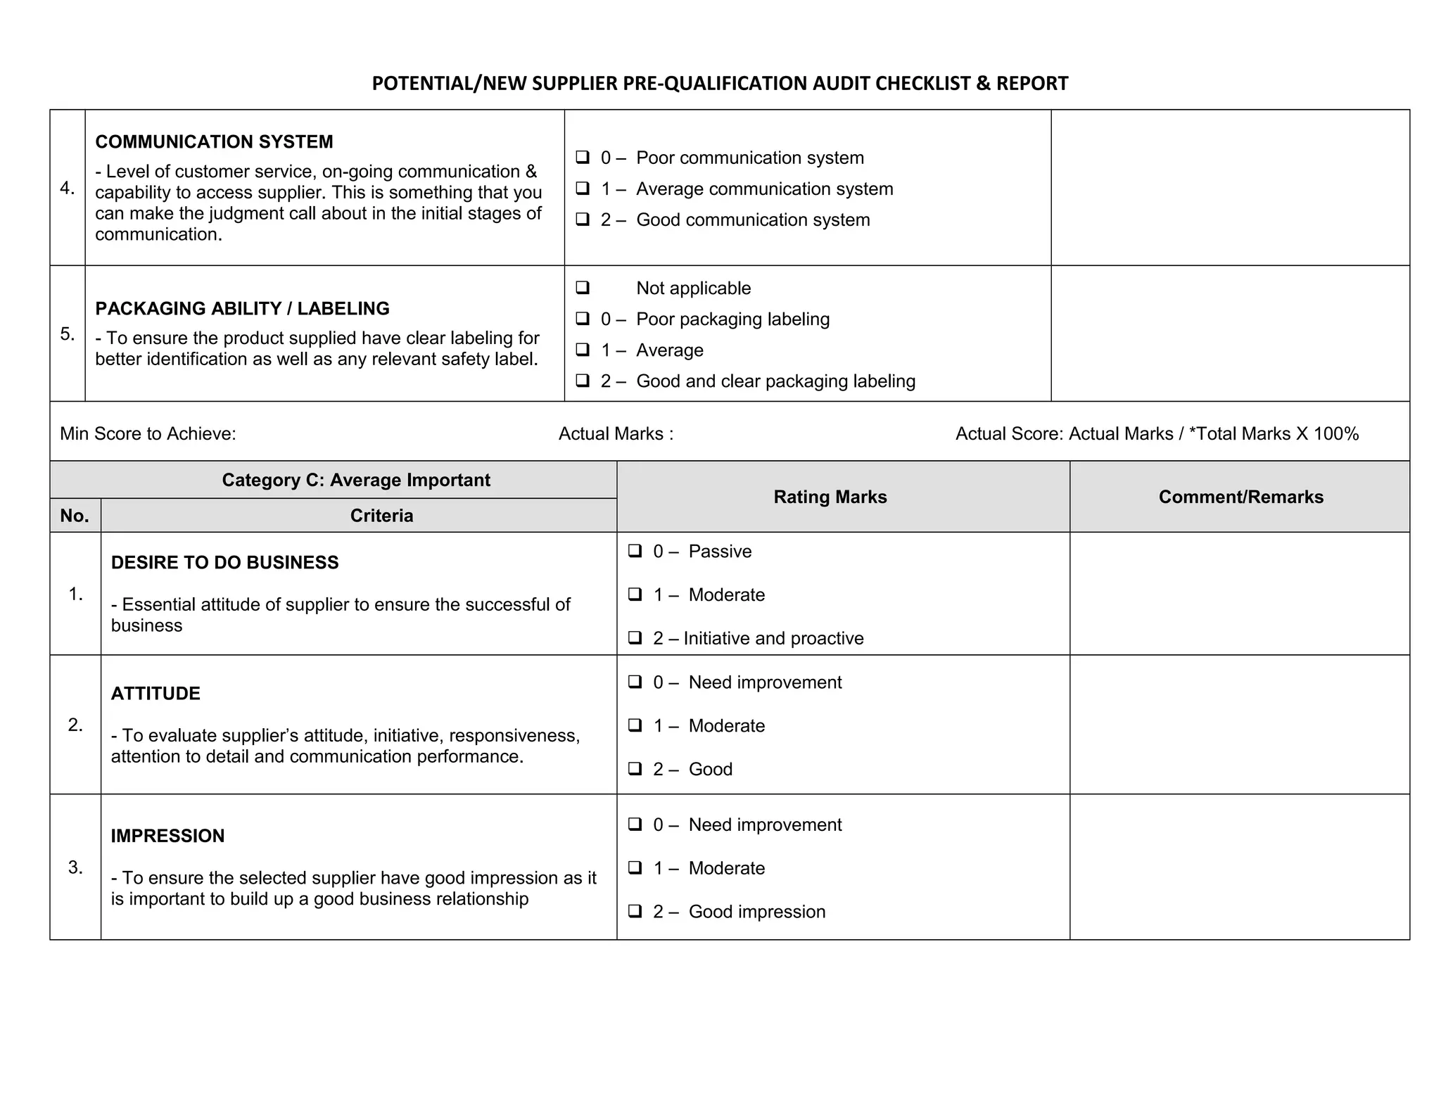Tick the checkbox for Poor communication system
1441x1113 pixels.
point(582,157)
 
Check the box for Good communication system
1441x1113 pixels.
point(582,219)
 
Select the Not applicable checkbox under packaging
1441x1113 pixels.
point(582,287)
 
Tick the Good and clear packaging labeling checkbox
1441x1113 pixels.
point(582,381)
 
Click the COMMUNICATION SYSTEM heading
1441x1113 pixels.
point(214,142)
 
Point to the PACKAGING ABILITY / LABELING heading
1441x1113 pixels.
point(242,309)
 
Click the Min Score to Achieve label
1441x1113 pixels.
point(148,434)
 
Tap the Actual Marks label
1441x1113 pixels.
point(616,434)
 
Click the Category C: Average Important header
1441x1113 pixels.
point(356,481)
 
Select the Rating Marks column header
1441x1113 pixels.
point(830,497)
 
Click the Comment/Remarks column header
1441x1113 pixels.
point(1240,497)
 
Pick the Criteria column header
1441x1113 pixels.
point(381,516)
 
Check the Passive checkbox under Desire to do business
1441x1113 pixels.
point(635,550)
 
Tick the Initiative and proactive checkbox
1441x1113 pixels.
point(635,637)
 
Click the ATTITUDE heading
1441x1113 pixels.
point(155,694)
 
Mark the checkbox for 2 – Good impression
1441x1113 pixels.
point(635,911)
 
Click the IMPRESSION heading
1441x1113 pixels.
point(167,836)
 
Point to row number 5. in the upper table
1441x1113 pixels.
point(68,334)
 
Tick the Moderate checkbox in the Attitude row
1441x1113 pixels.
point(635,725)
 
